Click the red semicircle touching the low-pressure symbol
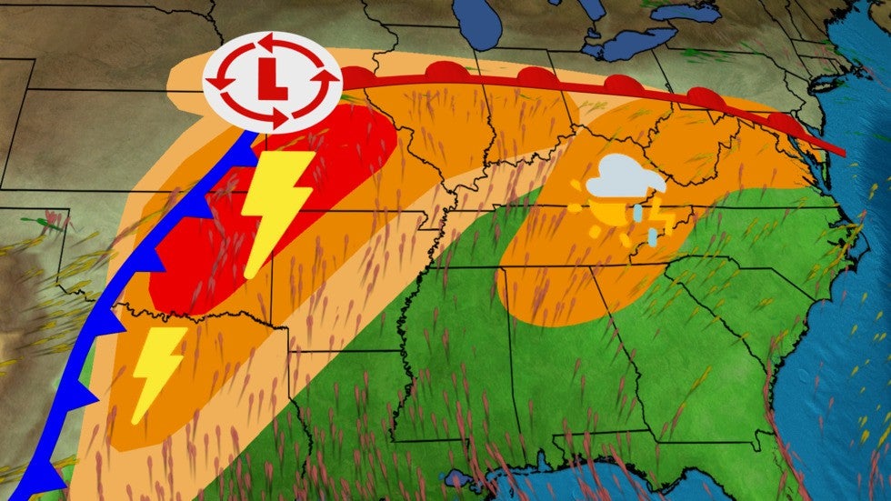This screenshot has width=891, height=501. point(356,78)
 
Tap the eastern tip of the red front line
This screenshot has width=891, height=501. point(845,153)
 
